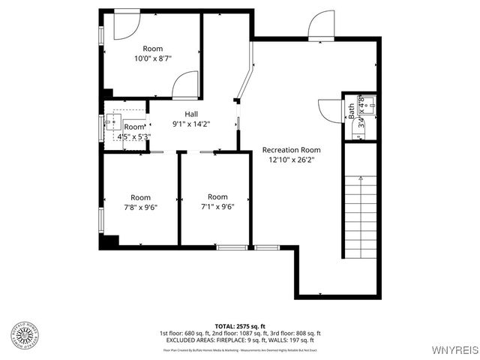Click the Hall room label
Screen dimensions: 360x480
(191, 114)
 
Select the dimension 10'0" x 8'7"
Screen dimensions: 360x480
(152, 58)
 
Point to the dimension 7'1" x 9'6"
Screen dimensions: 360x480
(217, 207)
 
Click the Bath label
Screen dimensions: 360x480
(351, 112)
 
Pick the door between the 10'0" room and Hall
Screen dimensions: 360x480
(185, 85)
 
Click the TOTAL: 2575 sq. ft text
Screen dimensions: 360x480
(239, 326)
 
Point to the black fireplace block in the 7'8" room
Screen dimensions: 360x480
(109, 241)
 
